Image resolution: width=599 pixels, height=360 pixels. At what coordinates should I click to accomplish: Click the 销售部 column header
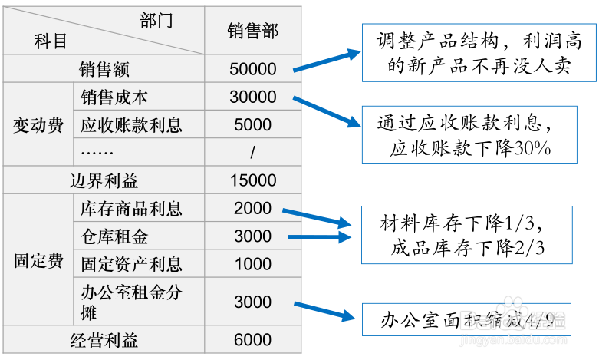[253, 31]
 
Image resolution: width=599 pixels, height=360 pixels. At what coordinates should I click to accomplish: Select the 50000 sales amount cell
[253, 69]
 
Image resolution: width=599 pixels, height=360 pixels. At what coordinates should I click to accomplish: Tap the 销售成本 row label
[114, 97]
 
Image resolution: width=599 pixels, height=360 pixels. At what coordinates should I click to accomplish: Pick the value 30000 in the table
[253, 97]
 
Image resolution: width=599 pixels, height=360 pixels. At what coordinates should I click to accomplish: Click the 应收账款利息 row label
[131, 125]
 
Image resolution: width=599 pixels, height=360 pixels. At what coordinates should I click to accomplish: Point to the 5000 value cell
[253, 124]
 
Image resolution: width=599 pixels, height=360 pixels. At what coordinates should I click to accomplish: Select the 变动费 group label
[38, 125]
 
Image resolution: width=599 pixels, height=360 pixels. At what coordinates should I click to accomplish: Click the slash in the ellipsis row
[252, 153]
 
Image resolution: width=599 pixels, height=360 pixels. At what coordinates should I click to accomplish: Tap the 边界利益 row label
[104, 180]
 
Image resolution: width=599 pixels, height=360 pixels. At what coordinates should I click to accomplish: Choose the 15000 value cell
[253, 180]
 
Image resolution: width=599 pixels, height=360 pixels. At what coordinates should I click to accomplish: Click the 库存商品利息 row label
[131, 209]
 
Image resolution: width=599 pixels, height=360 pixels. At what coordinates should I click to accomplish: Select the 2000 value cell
[253, 208]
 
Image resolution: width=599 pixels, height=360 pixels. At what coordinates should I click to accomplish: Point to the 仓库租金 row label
[114, 236]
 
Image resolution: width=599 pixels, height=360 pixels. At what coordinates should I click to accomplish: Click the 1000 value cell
[253, 264]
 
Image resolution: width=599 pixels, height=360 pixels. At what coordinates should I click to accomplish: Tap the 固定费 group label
[38, 261]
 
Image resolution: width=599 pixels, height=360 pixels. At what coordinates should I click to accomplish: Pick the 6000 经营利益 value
[253, 340]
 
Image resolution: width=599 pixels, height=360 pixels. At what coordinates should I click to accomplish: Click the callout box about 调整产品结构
[479, 53]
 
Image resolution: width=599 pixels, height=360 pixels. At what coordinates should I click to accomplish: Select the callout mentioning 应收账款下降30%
[469, 135]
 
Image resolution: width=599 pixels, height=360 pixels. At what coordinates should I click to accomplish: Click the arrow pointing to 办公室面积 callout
[324, 311]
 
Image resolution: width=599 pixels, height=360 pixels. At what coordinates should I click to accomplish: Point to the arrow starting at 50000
[327, 61]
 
